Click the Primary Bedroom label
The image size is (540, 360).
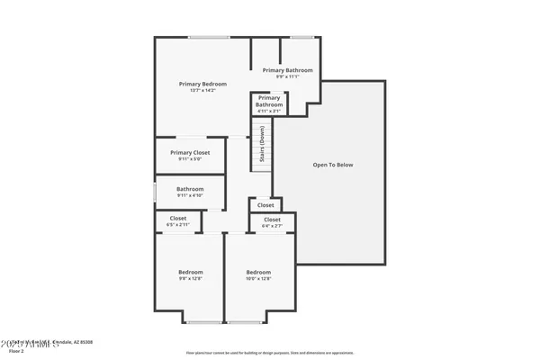click(x=202, y=84)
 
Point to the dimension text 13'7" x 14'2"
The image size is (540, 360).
click(x=202, y=91)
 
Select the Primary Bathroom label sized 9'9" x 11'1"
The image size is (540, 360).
click(x=287, y=69)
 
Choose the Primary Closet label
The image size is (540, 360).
click(x=190, y=152)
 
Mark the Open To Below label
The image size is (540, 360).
click(x=332, y=165)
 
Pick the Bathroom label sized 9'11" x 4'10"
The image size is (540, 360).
click(x=190, y=189)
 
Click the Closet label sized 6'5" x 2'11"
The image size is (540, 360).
click(x=178, y=218)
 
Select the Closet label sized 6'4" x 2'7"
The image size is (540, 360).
click(x=272, y=220)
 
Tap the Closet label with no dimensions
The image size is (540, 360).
click(x=265, y=205)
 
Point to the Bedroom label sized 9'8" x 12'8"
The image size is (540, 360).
click(x=190, y=272)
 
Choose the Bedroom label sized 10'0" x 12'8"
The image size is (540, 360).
click(x=258, y=272)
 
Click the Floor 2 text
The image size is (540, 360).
click(x=16, y=351)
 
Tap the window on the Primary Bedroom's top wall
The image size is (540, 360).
click(x=209, y=37)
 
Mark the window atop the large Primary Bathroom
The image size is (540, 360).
click(x=301, y=37)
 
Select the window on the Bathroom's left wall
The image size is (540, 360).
click(x=153, y=191)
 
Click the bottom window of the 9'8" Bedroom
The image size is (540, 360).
click(x=204, y=321)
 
